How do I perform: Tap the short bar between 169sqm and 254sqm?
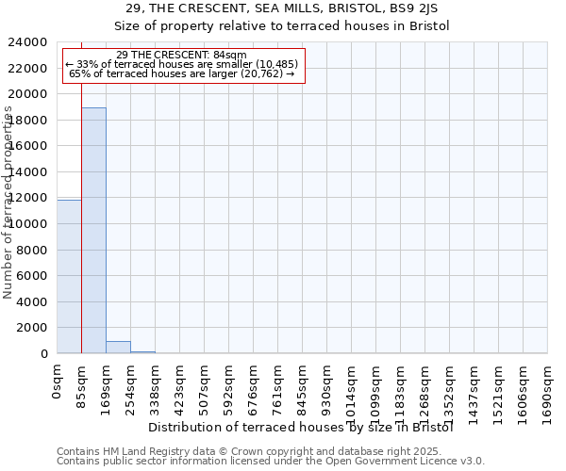pos(118,347)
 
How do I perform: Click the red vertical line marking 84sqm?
pos(82,235)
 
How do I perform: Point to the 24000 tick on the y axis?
pos(28,42)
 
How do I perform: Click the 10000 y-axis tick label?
pos(28,224)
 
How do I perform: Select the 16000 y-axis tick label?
pos(28,146)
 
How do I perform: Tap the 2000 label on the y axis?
pos(32,328)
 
